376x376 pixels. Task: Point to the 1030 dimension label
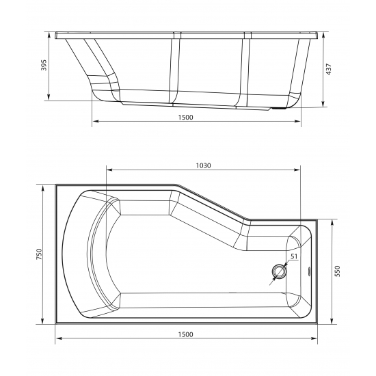[203, 165]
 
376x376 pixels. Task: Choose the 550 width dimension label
[336, 271]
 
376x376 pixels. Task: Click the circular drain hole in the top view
[279, 271]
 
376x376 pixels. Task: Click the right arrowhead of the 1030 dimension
[298, 170]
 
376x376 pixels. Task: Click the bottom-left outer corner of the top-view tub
[55, 324]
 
